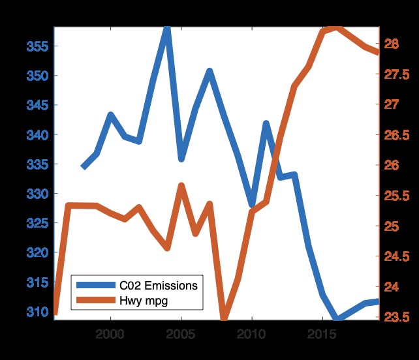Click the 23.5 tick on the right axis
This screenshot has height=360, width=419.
(x=397, y=318)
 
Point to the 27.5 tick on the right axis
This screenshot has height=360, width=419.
(x=397, y=74)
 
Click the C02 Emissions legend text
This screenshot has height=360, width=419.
(x=158, y=286)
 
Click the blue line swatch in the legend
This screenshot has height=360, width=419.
(x=95, y=286)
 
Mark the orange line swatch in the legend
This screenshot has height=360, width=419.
(x=95, y=300)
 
